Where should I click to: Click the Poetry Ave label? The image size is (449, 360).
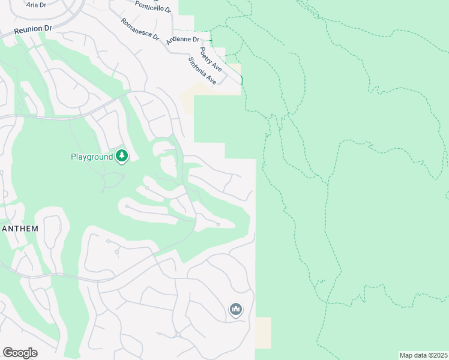(211, 59)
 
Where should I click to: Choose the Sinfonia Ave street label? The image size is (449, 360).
(202, 70)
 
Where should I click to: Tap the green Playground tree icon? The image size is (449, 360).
(122, 157)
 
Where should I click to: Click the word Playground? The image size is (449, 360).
(92, 157)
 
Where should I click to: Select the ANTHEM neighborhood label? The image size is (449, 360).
(20, 229)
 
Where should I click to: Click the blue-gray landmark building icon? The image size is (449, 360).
(235, 310)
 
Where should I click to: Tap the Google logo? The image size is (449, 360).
(20, 353)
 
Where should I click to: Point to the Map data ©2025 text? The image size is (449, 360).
(423, 355)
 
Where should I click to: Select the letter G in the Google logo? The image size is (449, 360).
(8, 353)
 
